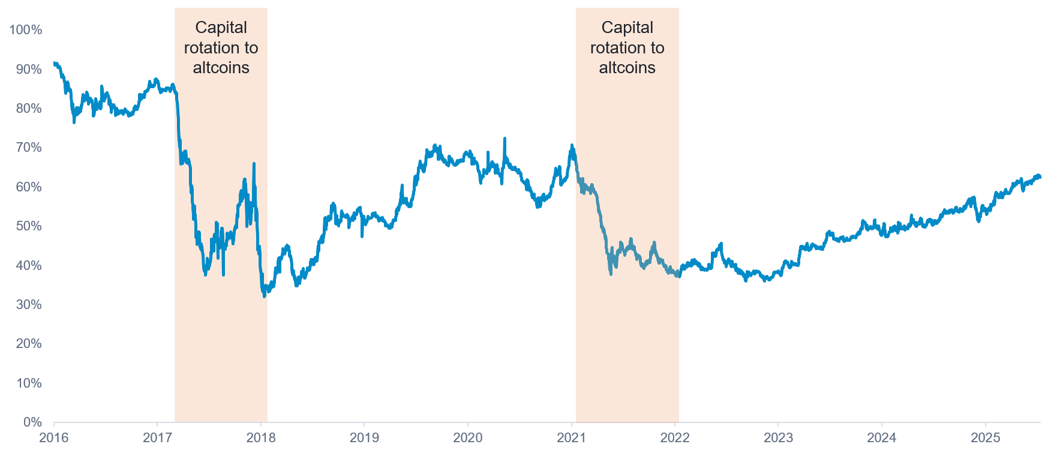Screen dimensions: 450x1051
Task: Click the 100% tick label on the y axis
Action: pos(25,30)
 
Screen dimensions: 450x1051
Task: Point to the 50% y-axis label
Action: pos(28,226)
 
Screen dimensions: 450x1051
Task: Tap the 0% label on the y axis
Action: pos(32,422)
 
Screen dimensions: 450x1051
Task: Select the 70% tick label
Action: pos(28,148)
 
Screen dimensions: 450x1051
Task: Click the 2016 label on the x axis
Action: pos(53,437)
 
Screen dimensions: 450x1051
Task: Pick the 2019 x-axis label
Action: pos(364,437)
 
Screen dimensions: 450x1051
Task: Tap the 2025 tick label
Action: pos(985,437)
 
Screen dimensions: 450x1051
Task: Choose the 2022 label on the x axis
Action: pos(675,437)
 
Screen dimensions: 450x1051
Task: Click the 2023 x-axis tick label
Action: pos(778,437)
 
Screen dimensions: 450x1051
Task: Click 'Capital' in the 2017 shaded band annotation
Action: pos(221,28)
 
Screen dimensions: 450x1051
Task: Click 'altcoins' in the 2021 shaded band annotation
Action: pos(627,68)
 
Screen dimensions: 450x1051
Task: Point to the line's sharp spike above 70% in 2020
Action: pos(505,139)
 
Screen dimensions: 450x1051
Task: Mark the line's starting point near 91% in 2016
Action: pos(54,63)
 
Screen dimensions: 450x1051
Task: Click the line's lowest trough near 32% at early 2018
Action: pos(264,296)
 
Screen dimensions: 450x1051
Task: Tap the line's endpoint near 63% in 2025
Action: pos(1040,176)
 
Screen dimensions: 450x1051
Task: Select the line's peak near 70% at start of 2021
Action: pos(572,145)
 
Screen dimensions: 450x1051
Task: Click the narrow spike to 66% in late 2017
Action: pos(254,164)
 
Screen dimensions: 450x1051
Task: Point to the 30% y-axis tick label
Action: pos(28,305)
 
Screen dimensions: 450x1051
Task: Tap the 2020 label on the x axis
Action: pos(468,437)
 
